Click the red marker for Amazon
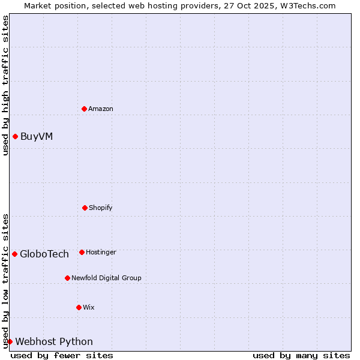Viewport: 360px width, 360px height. pos(84,109)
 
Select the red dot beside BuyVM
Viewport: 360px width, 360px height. pos(15,136)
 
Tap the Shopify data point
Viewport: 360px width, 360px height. pos(85,208)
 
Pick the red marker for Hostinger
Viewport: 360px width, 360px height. pos(82,252)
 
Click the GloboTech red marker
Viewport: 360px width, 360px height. pos(14,254)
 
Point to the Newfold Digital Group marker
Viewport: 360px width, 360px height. pos(67,278)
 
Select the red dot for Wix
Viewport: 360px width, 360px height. pos(79,307)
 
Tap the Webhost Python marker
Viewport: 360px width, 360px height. pos(10,341)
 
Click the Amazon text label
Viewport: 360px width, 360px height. pos(101,109)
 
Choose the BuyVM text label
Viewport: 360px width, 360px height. pos(37,136)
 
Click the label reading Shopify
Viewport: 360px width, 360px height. pos(101,208)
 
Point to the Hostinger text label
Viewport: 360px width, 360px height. pos(101,252)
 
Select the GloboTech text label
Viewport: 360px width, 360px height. pos(44,254)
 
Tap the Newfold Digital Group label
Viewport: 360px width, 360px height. pos(106,278)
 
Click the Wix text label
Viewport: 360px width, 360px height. pos(89,307)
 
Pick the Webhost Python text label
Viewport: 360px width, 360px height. pos(54,341)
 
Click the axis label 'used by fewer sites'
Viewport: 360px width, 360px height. pos(62,355)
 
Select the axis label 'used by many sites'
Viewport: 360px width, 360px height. pos(301,355)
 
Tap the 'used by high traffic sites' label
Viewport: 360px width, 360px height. pos(5,85)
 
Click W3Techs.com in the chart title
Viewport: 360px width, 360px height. pos(307,5)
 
